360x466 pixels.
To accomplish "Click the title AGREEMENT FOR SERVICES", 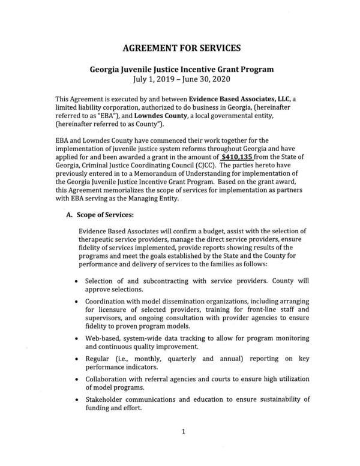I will coord(180,47).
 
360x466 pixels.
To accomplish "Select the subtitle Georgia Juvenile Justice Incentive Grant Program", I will coord(180,69).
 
